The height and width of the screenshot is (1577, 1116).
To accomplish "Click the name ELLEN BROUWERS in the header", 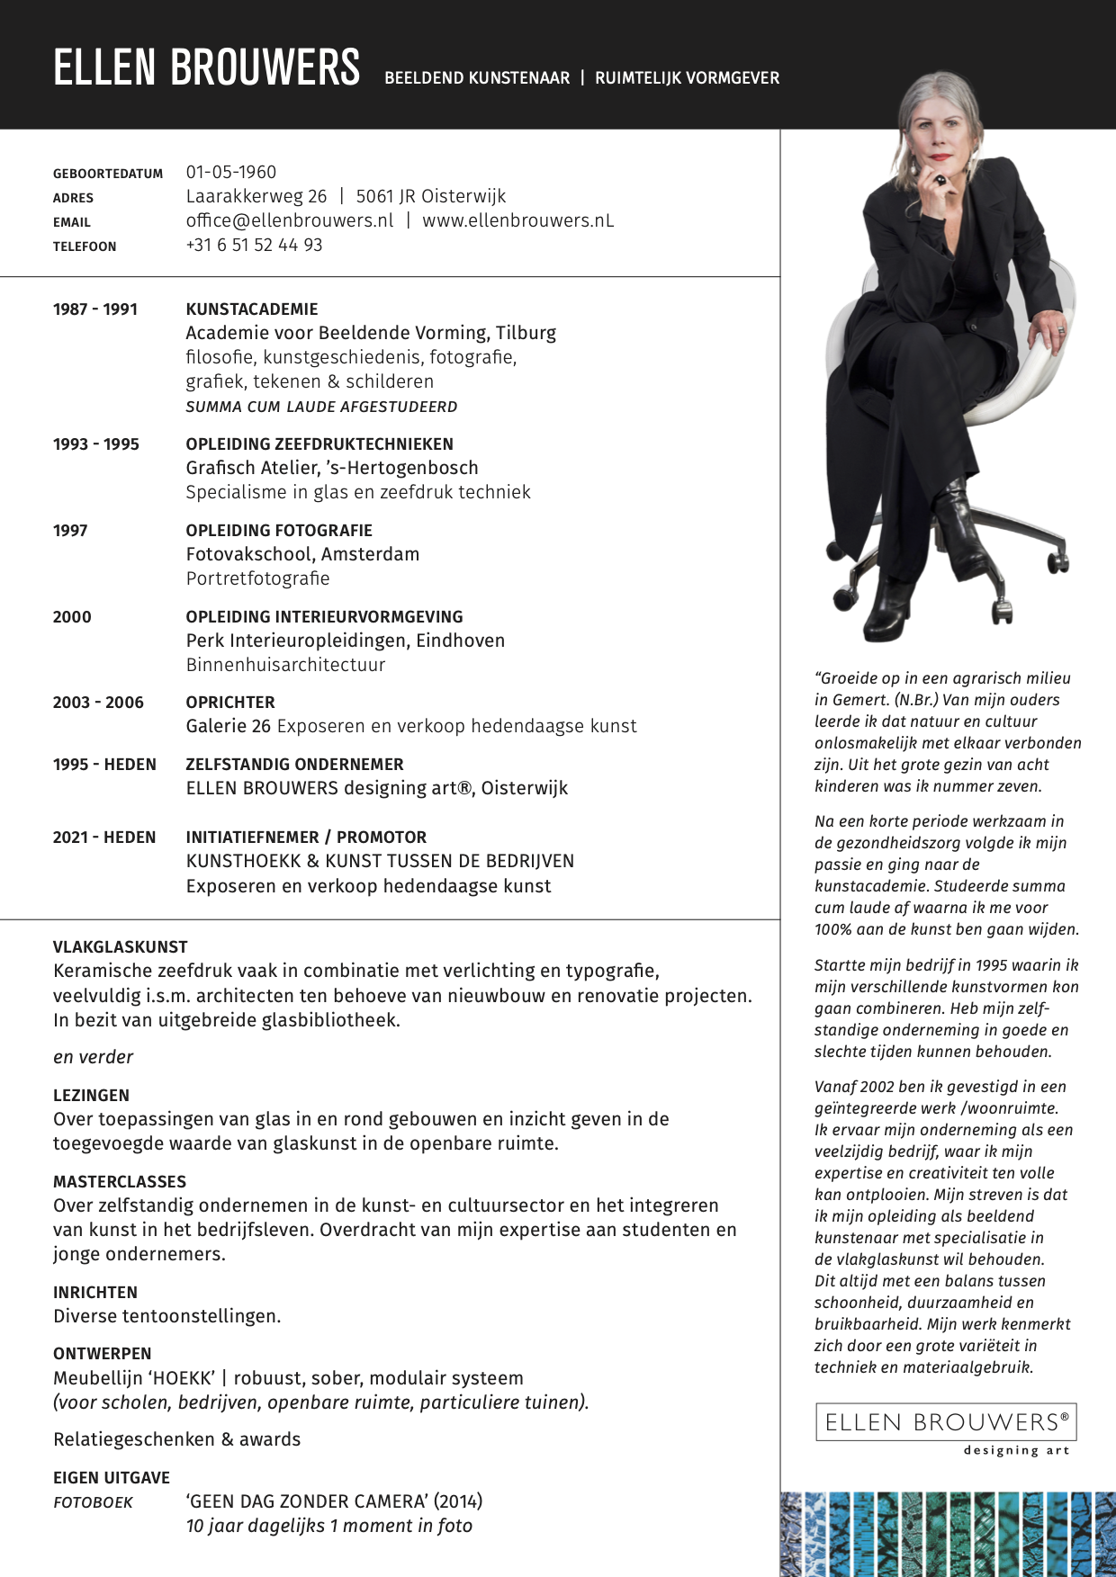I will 206,68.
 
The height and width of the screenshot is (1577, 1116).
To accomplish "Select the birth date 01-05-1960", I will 231,172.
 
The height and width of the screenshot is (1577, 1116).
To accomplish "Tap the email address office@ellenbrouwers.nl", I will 290,220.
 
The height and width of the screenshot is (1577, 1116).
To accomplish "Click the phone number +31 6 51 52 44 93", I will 254,245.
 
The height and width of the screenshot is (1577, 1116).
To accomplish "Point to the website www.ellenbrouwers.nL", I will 518,220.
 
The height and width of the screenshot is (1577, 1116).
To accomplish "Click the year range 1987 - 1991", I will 95,309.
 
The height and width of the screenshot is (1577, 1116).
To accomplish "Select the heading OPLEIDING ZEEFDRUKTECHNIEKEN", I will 319,444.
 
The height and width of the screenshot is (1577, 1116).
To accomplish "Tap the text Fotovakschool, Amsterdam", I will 302,554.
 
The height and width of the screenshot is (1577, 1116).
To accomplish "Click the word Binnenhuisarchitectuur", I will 285,665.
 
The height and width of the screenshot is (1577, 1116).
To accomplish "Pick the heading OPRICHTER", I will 230,703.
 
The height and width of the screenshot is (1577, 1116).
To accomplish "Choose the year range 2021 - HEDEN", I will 104,838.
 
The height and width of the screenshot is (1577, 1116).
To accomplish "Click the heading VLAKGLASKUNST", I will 121,946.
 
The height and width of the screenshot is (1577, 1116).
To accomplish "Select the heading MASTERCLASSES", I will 120,1181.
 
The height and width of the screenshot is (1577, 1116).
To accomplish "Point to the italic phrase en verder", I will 93,1057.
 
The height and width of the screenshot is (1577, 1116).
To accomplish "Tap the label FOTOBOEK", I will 93,1502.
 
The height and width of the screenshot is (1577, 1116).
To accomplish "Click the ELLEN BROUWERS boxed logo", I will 946,1422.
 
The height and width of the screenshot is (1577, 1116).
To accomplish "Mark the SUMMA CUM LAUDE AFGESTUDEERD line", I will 321,407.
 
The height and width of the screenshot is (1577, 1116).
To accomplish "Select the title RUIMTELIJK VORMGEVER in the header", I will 687,78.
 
